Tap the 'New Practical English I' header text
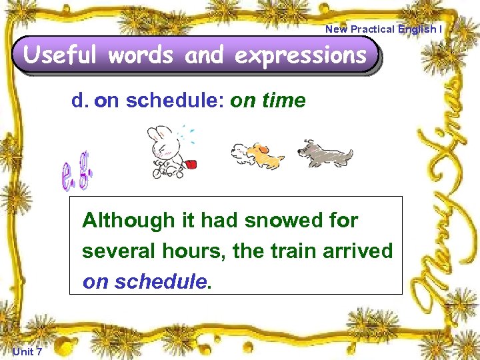coord(383,29)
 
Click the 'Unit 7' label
coord(27,352)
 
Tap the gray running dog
coord(325,154)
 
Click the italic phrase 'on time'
coord(267,101)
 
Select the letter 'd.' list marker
coord(80,101)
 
